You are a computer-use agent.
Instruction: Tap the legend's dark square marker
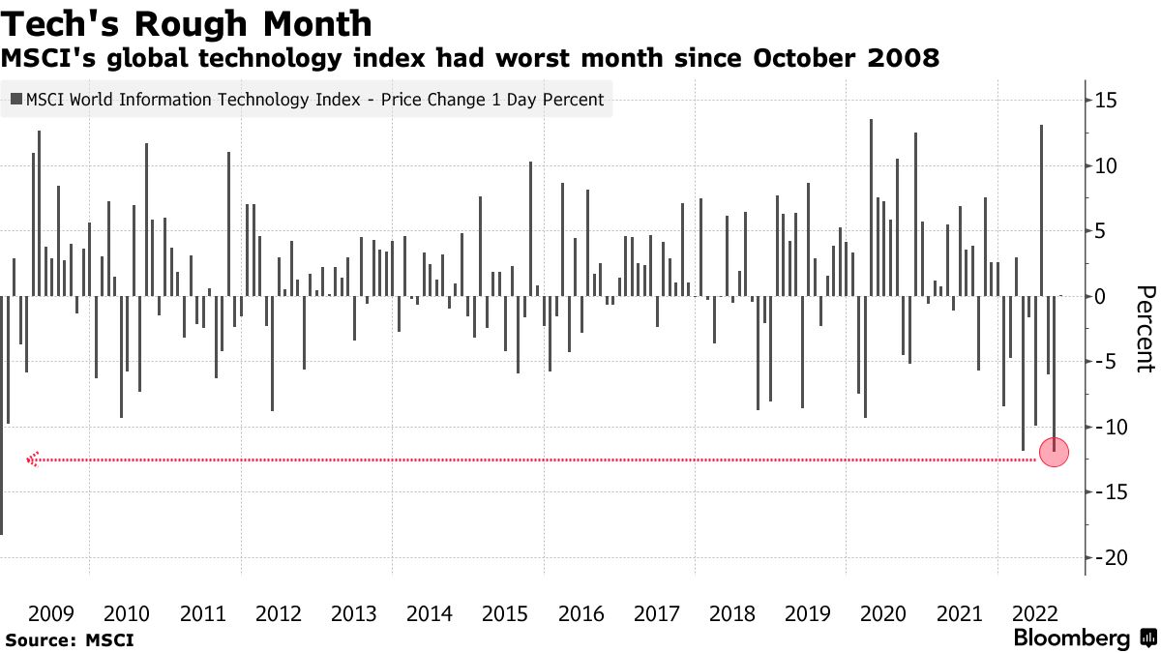coord(16,99)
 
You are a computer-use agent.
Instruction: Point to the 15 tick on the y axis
coord(1106,101)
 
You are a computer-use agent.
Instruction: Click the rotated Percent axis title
coord(1145,329)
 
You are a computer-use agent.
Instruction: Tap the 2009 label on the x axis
coord(51,613)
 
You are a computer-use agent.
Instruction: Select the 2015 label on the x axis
coord(504,613)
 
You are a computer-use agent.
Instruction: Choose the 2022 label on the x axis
coord(1033,613)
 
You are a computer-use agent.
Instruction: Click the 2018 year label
coord(731,613)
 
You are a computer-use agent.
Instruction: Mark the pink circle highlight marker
coord(1054,453)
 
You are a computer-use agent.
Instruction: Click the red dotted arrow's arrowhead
coord(32,460)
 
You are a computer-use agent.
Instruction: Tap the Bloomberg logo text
coord(1072,638)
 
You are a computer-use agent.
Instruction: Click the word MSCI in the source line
coord(109,639)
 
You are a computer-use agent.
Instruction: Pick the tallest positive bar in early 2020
coord(871,207)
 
